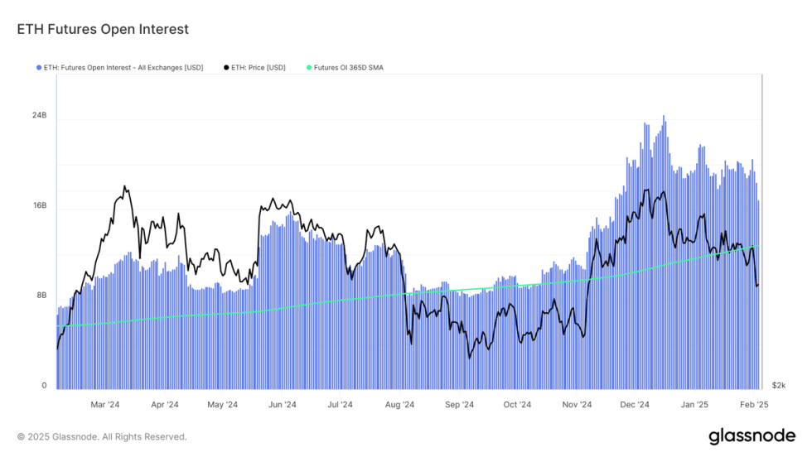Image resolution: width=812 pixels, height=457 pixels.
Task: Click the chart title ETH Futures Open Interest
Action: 103,29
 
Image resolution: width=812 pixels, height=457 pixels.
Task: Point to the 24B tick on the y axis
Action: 40,116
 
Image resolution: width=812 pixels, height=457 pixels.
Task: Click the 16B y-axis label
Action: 40,205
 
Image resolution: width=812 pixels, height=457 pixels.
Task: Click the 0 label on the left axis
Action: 44,386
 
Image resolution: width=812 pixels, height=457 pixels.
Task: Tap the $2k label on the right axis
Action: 778,386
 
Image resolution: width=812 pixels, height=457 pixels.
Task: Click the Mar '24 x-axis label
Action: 105,405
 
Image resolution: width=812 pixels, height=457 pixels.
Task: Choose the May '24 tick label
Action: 222,405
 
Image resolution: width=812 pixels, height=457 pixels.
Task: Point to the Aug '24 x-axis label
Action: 400,405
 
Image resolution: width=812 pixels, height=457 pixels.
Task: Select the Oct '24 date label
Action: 517,405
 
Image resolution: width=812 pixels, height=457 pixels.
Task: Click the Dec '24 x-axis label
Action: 635,405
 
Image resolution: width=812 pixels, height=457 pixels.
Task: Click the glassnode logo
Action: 752,436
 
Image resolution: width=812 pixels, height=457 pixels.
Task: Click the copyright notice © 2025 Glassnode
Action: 102,436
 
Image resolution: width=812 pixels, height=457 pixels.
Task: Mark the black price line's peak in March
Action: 125,187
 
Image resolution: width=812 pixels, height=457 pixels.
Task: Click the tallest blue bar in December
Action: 664,117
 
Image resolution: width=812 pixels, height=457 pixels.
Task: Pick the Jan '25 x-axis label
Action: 694,405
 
